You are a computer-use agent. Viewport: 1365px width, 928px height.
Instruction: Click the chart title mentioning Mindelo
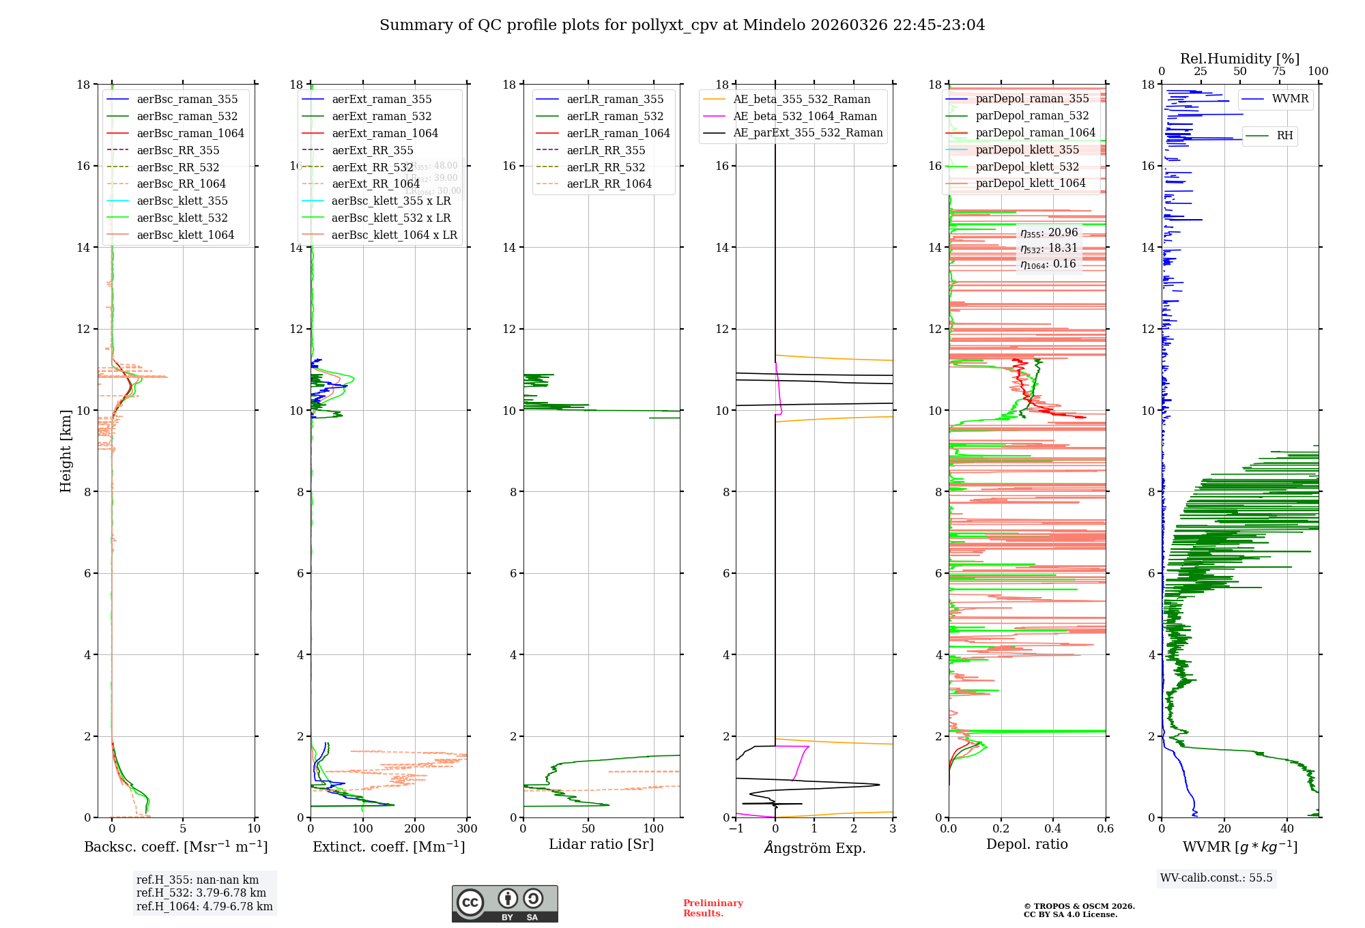tap(682, 25)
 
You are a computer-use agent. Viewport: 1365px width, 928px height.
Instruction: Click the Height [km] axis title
tap(66, 450)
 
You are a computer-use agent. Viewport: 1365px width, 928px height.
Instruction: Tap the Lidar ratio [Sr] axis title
tap(601, 844)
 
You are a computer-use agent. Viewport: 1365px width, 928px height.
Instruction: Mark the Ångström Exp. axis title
tap(814, 847)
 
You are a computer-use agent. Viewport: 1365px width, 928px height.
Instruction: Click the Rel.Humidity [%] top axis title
tap(1239, 59)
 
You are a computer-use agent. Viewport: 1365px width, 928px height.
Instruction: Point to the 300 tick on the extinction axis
tap(468, 829)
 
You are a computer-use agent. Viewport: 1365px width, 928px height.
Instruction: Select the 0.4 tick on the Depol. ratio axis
tap(1053, 829)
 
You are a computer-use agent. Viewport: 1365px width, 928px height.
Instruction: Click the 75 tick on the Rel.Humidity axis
tap(1279, 72)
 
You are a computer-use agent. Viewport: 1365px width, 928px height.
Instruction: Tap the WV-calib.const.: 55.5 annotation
tap(1216, 878)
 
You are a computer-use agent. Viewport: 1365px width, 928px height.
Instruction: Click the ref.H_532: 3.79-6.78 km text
tap(201, 893)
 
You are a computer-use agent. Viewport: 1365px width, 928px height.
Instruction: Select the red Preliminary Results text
tap(713, 908)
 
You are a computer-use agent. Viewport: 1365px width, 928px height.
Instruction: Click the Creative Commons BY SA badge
tap(504, 903)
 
